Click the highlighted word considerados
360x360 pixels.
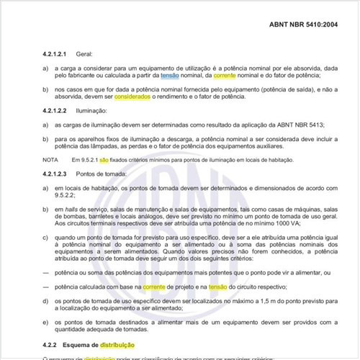click(132, 96)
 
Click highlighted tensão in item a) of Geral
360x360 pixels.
click(171, 75)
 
